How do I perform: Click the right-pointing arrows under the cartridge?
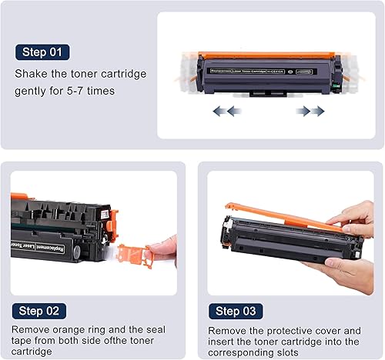[x=310, y=111]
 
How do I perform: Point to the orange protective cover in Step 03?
[x=277, y=216]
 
